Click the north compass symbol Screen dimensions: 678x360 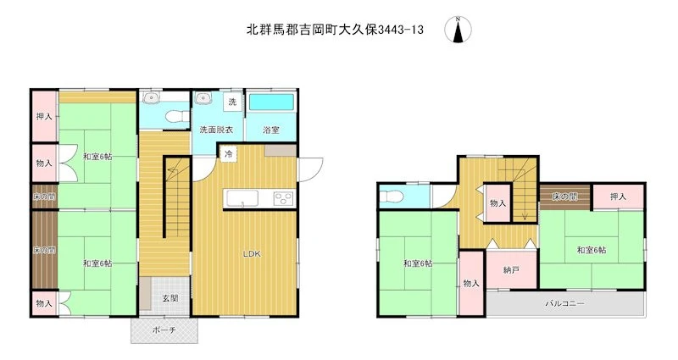(458, 30)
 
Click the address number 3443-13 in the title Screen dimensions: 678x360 (400, 30)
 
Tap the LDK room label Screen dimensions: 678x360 (251, 254)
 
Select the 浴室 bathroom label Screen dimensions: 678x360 (271, 130)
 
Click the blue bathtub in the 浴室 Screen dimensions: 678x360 (271, 102)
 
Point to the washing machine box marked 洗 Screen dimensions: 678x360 (232, 102)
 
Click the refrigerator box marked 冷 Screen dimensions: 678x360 (229, 153)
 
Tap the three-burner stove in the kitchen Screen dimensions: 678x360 (284, 199)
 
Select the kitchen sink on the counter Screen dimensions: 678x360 (242, 199)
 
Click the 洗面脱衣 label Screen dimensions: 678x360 (216, 130)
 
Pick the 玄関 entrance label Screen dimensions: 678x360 (170, 298)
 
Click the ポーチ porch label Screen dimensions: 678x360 (164, 330)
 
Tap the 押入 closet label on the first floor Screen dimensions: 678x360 (44, 116)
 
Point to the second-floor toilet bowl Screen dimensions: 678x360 (392, 197)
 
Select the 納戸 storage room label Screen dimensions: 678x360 (511, 270)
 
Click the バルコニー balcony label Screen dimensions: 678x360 (564, 303)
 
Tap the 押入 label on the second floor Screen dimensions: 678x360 (618, 197)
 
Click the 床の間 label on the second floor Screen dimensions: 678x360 (564, 197)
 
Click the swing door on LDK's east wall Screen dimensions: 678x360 (310, 169)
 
